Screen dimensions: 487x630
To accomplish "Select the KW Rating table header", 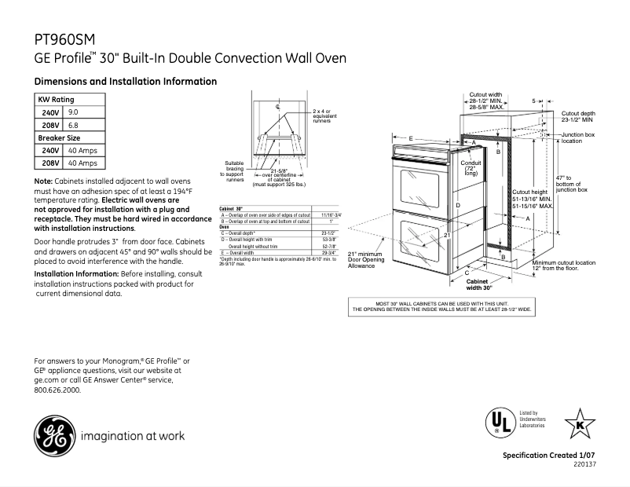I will (57, 101).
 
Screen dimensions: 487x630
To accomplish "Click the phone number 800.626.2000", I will (57, 390).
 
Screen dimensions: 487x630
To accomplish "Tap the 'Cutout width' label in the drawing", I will (485, 94).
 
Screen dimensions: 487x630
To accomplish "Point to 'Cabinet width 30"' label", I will (479, 284).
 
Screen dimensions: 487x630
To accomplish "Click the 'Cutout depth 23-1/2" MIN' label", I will (577, 117).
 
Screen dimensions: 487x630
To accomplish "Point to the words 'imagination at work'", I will (133, 435).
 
